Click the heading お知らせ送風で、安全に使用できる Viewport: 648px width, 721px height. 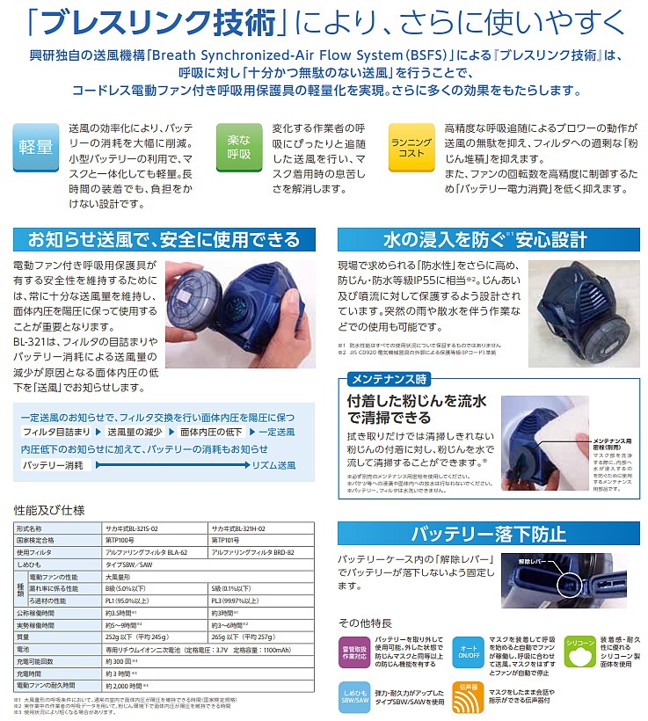(x=160, y=238)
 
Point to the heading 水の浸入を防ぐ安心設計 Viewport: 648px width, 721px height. (x=486, y=238)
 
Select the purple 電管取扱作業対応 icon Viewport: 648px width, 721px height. (x=356, y=649)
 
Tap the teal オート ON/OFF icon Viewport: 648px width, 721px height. (x=469, y=649)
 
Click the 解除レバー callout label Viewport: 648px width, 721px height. (x=534, y=558)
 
